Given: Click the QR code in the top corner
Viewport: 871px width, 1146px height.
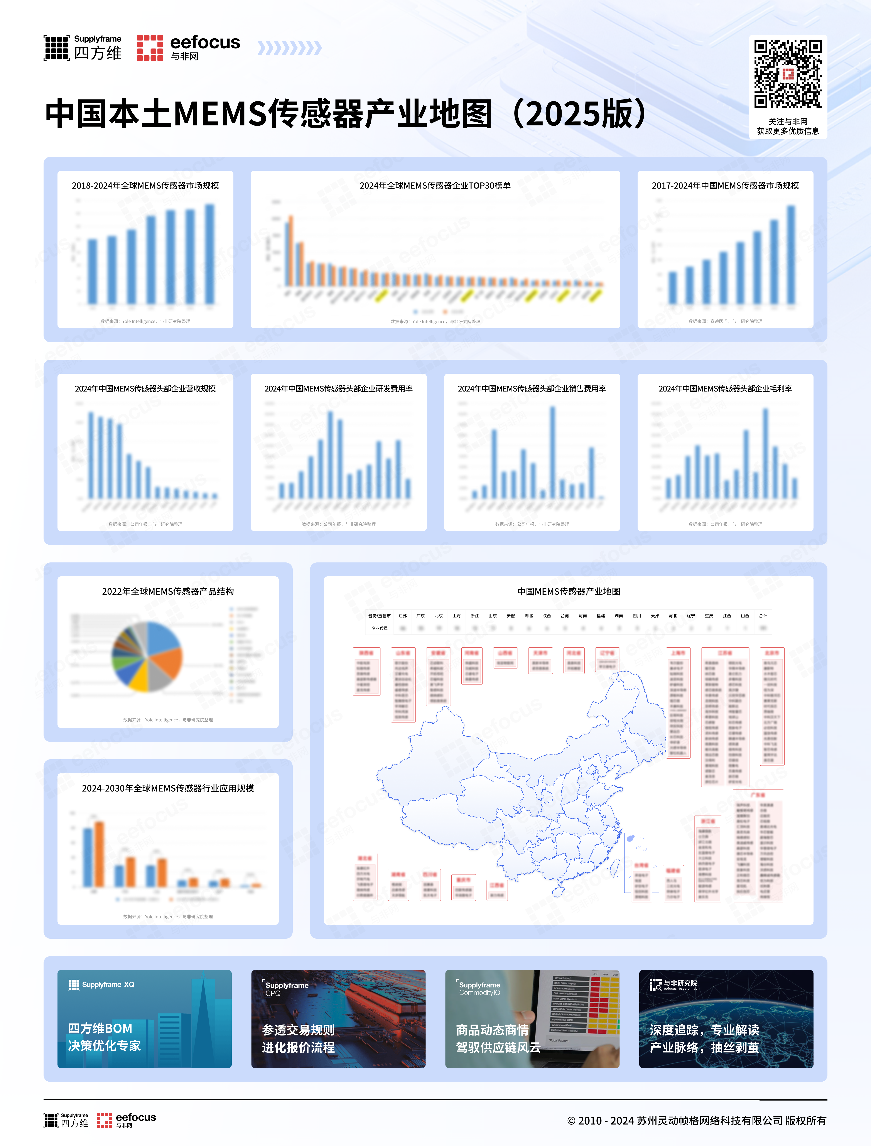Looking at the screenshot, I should click(x=788, y=74).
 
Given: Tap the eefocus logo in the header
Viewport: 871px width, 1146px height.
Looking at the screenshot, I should click(x=188, y=48).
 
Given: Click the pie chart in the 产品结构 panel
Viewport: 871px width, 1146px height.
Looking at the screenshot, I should click(x=147, y=657).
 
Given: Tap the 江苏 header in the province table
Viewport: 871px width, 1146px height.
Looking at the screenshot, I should click(x=402, y=616).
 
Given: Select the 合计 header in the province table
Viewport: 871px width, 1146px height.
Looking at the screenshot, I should click(x=763, y=616).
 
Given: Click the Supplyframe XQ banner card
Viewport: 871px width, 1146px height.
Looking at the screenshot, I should click(x=145, y=1018).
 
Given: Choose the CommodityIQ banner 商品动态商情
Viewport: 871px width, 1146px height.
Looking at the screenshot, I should click(x=532, y=1018).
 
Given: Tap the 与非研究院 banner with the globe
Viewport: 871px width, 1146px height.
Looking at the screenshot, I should click(x=726, y=1018).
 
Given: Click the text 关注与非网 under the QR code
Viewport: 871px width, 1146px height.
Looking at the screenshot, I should click(x=788, y=121).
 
